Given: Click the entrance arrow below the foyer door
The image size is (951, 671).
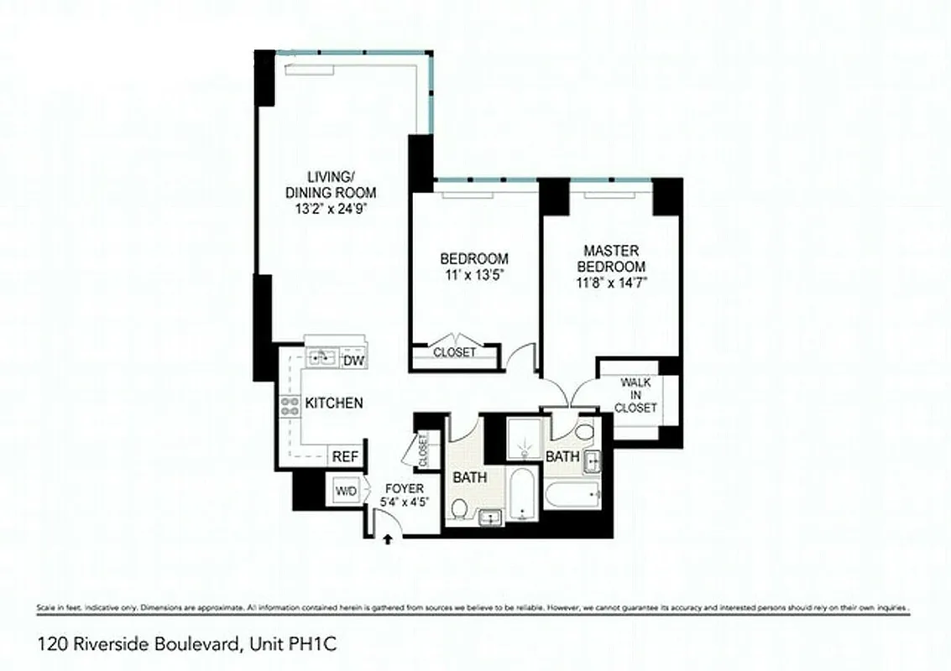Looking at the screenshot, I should [x=387, y=540].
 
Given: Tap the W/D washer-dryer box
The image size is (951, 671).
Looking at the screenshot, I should [x=345, y=490].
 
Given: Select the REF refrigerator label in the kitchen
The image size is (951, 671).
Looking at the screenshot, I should [x=345, y=457].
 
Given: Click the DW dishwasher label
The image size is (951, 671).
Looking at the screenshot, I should [x=353, y=361].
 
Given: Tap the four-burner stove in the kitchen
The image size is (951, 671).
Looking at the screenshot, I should [x=290, y=407].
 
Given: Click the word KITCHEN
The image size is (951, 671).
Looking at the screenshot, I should [x=333, y=403].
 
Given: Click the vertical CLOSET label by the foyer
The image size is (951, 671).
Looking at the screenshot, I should [x=422, y=450].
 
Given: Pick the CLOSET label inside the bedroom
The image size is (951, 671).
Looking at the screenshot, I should [x=454, y=352].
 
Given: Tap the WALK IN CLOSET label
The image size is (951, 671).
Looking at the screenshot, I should [x=635, y=395].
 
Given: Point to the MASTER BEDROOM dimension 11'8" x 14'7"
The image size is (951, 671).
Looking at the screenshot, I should [x=610, y=283].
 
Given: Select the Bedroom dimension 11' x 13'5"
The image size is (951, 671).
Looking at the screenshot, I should [x=474, y=274].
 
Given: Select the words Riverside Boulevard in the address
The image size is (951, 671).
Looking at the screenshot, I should [x=154, y=644].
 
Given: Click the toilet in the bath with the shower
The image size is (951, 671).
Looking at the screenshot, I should [x=585, y=433].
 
